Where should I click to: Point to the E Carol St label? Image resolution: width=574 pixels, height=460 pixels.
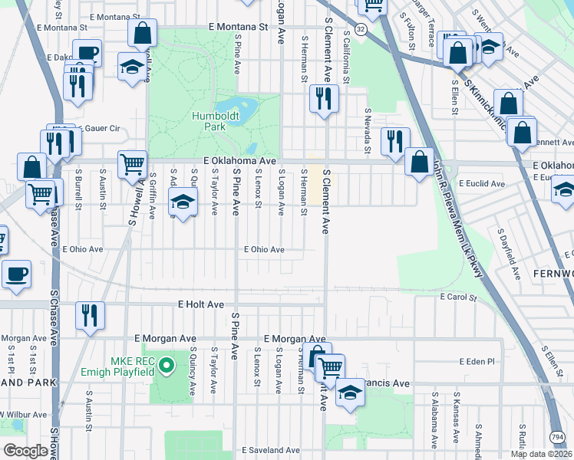coord(458,297)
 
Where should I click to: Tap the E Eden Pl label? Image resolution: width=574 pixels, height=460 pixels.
coord(479,361)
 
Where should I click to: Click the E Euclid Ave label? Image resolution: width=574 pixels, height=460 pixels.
coord(482,184)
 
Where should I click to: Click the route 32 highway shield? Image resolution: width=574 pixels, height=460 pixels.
coord(360,28)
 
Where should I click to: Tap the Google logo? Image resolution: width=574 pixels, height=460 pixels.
coord(25,451)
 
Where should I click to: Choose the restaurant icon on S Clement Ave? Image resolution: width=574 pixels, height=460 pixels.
coord(322,97)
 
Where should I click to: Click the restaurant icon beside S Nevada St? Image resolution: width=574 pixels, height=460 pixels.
coord(395,140)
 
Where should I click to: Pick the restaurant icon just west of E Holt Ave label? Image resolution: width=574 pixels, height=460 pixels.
coord(90,314)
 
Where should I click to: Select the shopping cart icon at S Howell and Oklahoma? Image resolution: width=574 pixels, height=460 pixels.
coord(132,163)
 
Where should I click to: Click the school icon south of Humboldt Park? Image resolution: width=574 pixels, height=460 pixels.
coord(183,202)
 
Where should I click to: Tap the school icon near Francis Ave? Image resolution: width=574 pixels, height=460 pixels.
coord(350,392)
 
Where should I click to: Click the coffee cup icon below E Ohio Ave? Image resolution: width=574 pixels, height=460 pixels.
coord(16,274)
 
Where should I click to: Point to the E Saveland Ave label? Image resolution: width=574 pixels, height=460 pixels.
coord(271,450)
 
